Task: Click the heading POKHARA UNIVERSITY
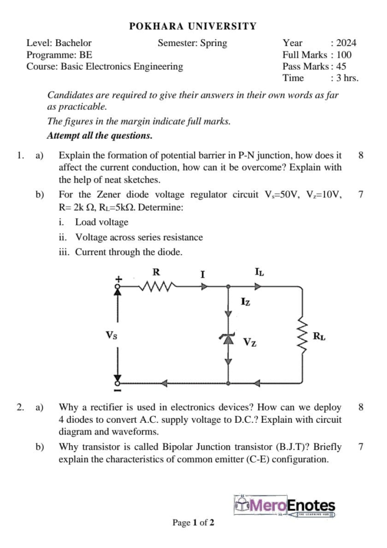[193, 26]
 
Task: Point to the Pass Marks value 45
[340, 66]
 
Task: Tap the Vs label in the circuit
[111, 336]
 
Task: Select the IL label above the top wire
[259, 272]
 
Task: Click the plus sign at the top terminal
[120, 278]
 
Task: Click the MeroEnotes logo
[285, 506]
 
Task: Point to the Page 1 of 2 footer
[193, 522]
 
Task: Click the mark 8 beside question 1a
[361, 156]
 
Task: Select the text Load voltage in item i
[101, 222]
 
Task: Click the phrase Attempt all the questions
[100, 135]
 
